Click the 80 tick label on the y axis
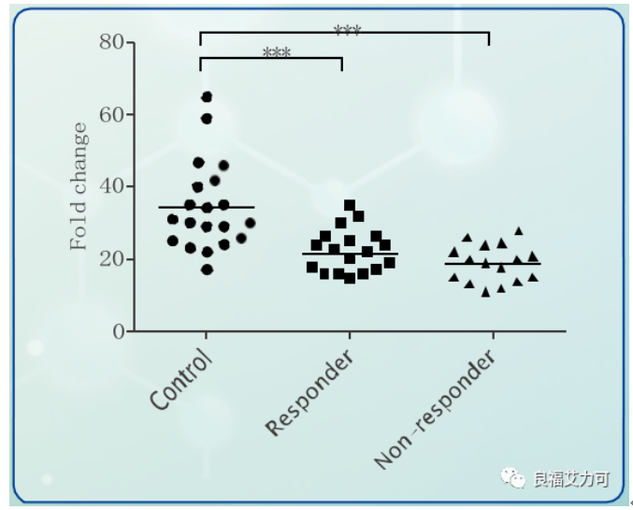tap(111, 42)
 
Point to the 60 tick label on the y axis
tap(111, 114)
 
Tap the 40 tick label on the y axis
tap(111, 186)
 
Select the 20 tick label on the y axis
tap(111, 259)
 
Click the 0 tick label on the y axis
tap(118, 331)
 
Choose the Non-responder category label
tap(434, 412)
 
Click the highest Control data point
tap(207, 97)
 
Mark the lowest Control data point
tap(207, 270)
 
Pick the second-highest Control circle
tap(207, 119)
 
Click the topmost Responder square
tap(350, 205)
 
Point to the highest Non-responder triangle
tap(518, 230)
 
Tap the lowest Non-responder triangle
tap(485, 293)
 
